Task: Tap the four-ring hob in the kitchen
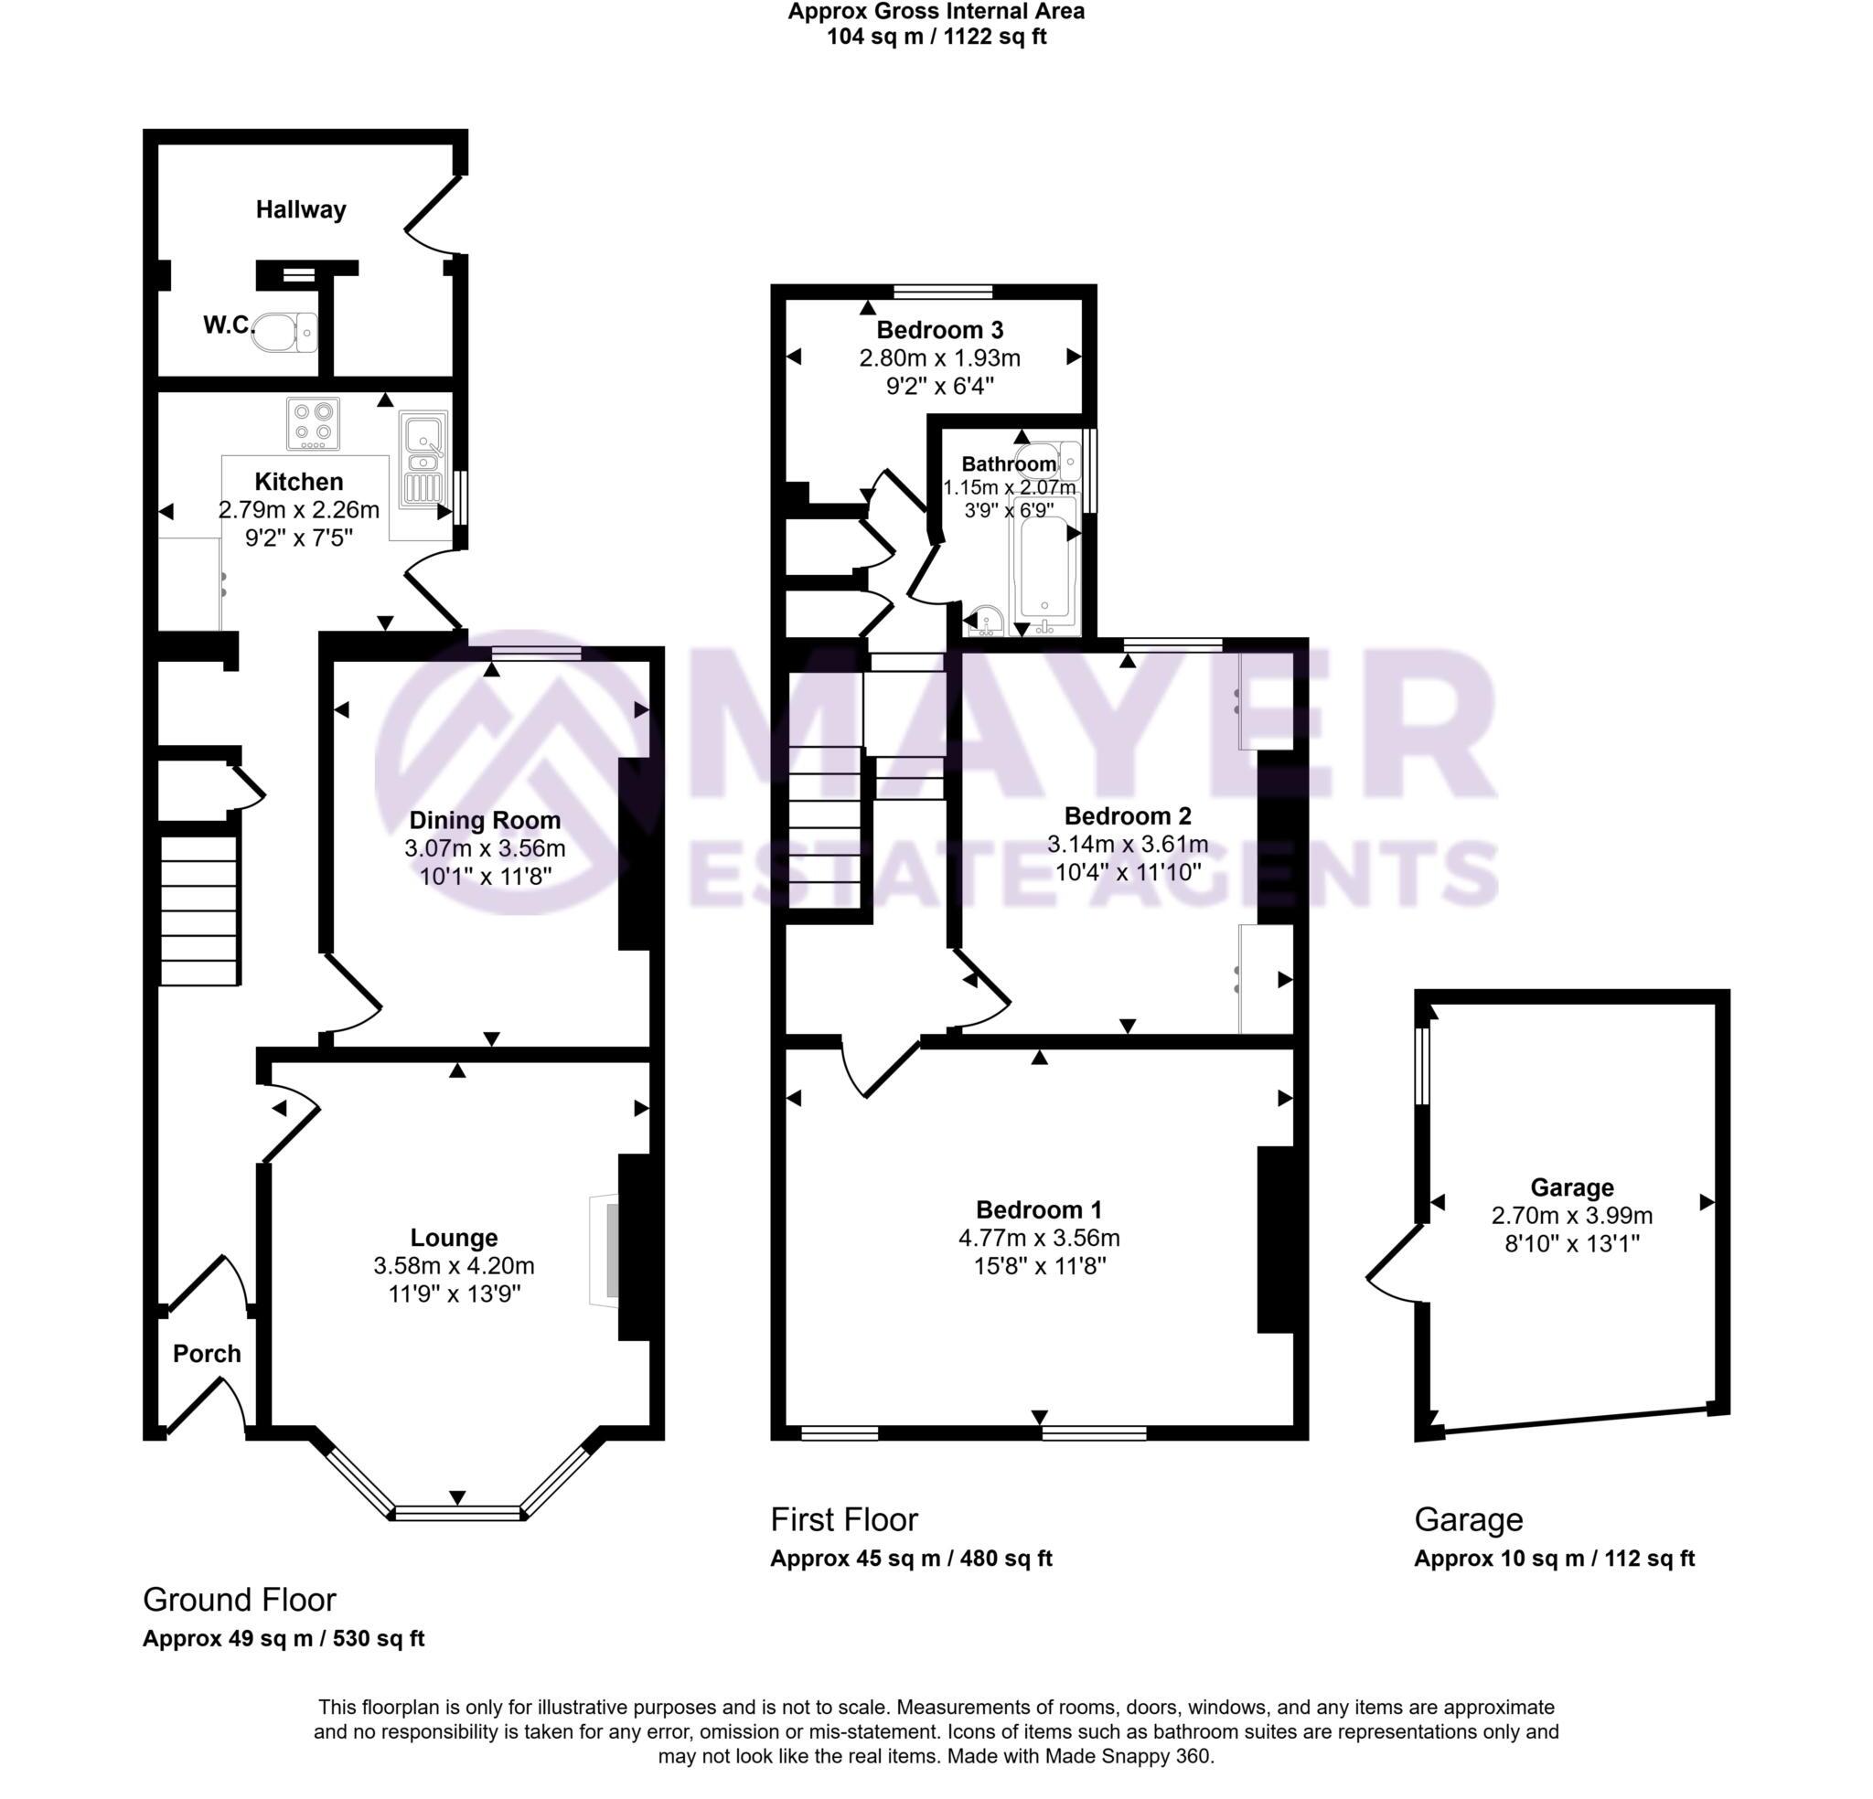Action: (x=314, y=423)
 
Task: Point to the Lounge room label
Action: (x=454, y=1239)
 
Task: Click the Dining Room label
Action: (x=485, y=820)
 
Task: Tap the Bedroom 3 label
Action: (x=939, y=330)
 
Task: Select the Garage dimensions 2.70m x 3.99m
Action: (x=1571, y=1215)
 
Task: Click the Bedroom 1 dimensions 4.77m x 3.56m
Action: (x=1039, y=1239)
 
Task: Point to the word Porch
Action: (x=207, y=1353)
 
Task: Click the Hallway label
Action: (x=300, y=209)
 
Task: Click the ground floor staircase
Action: (x=198, y=910)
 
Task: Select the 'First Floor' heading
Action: (x=844, y=1519)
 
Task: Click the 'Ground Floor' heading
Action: (x=239, y=1600)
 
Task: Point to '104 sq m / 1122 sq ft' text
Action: (x=936, y=37)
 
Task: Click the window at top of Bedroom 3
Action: (x=943, y=292)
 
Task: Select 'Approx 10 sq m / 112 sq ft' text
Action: (x=1554, y=1559)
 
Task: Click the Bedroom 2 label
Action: (x=1128, y=816)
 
